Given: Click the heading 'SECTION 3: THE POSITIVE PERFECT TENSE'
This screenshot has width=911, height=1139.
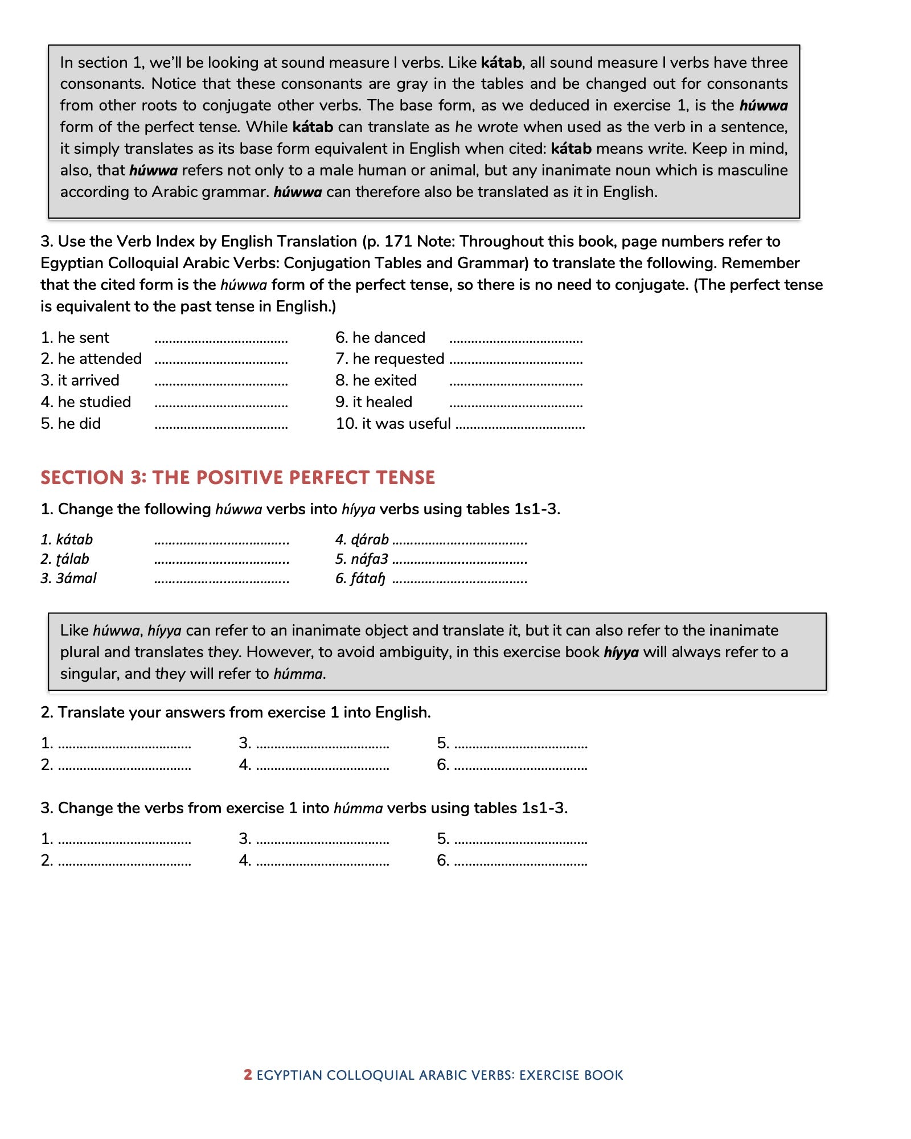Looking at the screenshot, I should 237,477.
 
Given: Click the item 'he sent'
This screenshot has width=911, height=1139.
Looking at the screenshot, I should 83,338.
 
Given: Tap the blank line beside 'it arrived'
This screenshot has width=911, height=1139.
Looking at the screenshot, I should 221,383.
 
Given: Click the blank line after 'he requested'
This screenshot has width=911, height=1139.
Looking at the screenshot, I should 516,361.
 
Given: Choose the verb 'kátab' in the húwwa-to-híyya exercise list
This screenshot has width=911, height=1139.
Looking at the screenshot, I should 74,539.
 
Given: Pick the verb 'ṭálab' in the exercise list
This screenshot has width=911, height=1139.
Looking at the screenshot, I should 72,559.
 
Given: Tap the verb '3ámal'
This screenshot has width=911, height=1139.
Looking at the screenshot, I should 76,579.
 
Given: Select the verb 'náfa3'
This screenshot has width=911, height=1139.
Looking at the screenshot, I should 369,559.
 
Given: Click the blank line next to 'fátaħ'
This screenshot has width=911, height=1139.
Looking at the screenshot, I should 459,581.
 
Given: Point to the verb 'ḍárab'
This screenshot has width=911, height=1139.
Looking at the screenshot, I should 370,539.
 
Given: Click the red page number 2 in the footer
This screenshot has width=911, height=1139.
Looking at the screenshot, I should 248,1075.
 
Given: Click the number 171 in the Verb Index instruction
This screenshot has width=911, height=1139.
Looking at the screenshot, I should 398,241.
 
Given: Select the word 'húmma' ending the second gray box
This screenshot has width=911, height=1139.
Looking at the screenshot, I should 298,674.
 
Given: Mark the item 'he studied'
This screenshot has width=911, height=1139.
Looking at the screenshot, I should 94,402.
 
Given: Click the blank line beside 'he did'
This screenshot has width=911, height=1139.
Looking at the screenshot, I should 221,426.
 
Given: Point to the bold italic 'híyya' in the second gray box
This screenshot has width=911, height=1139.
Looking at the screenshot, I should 621,652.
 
